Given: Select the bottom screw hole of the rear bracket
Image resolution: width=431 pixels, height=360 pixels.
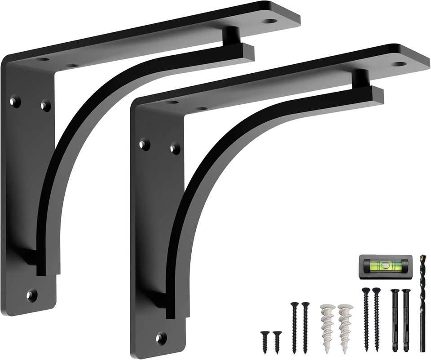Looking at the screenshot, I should coord(31,295).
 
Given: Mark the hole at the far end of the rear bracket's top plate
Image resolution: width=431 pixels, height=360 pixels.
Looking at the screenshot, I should coord(269,21).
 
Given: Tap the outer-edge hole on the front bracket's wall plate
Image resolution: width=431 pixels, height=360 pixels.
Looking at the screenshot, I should coord(145,144).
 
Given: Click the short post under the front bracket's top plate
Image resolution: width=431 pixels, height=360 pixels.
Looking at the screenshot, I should coord(361,79).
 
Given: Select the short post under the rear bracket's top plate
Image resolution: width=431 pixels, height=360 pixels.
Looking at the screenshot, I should coord(232,36).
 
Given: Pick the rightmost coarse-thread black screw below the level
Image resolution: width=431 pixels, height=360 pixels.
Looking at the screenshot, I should coord(377,319).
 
